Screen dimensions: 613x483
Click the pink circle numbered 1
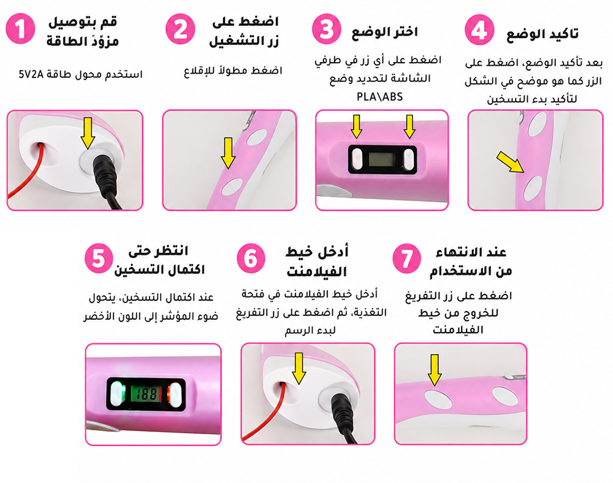(x=20, y=29)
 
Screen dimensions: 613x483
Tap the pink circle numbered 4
(x=479, y=29)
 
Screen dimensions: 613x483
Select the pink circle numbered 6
(x=251, y=258)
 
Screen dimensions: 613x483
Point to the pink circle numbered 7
(x=406, y=259)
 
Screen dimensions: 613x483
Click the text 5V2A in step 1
(x=31, y=74)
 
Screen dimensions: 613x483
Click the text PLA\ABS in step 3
(x=379, y=97)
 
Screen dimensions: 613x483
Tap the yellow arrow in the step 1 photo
(x=88, y=133)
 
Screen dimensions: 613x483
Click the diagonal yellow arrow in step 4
(x=510, y=162)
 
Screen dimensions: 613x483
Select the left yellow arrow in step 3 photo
(x=356, y=127)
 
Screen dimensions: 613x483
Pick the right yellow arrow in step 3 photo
(x=409, y=127)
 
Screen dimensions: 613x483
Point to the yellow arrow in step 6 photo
(x=299, y=368)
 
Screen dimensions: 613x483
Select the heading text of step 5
(x=159, y=260)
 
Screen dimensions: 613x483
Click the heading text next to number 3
(x=384, y=32)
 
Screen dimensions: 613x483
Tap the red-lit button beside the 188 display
(x=174, y=394)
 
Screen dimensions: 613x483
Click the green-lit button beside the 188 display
(x=118, y=394)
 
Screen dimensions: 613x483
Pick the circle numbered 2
(x=180, y=29)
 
